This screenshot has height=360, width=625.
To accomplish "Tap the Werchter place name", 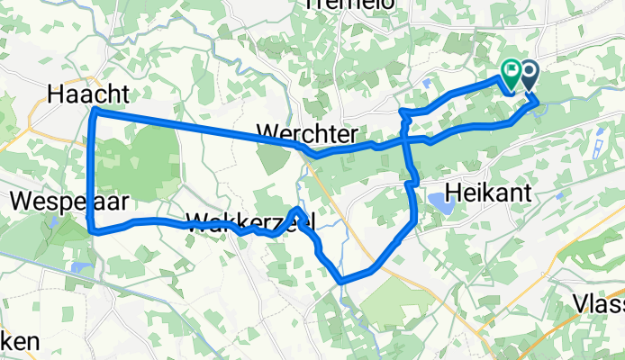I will click(x=304, y=133).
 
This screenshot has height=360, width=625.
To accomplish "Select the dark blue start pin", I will click(x=526, y=73).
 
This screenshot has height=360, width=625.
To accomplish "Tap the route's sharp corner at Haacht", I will click(x=95, y=111).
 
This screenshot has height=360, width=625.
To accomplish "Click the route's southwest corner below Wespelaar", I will click(x=93, y=230).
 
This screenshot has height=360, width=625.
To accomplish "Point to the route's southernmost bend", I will click(x=342, y=281).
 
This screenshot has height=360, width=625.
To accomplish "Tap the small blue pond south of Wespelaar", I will click(x=81, y=267).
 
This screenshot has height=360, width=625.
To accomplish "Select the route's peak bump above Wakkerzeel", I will click(x=298, y=211).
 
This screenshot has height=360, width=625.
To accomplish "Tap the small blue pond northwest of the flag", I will click(x=425, y=83).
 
